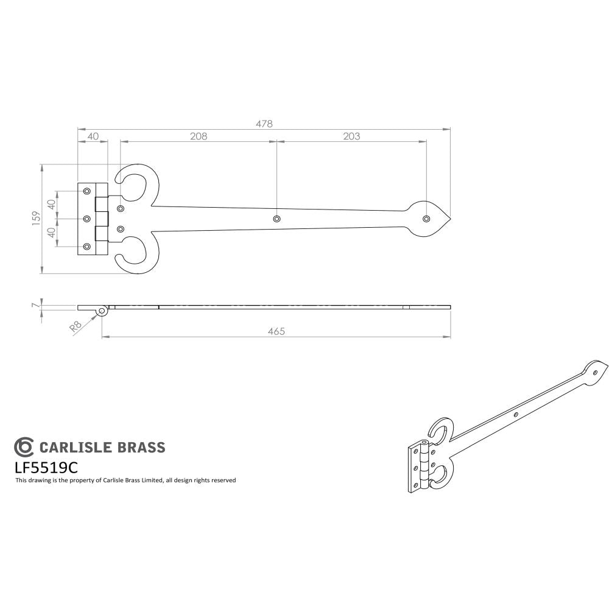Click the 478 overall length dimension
(264, 123)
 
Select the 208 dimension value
(199, 136)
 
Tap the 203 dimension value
(351, 136)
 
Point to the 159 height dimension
(36, 218)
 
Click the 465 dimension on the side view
(276, 331)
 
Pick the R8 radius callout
(76, 326)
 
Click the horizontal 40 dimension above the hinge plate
(93, 136)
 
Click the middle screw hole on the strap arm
(277, 218)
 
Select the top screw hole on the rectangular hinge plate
(86, 190)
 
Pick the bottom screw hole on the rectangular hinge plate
(86, 247)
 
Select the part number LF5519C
(46, 468)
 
